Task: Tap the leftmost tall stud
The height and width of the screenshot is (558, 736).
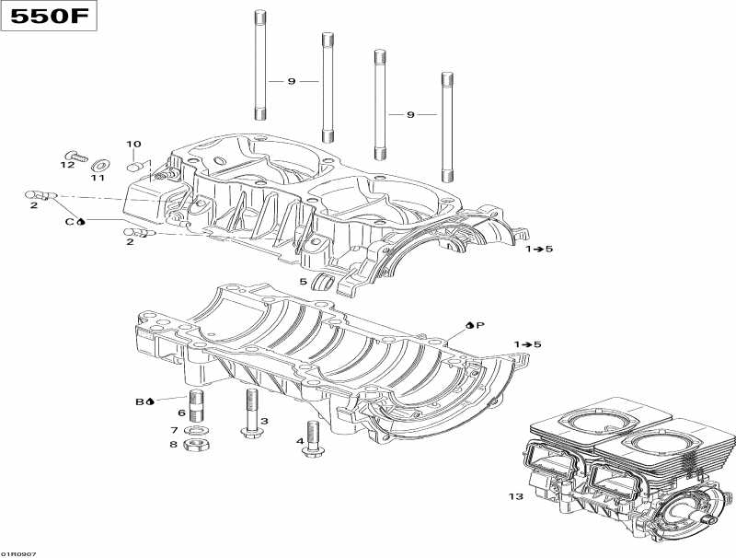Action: point(260,64)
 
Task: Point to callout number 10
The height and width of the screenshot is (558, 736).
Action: point(134,145)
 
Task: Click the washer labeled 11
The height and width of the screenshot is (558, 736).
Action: point(98,165)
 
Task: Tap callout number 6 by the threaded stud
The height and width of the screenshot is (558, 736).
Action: point(182,412)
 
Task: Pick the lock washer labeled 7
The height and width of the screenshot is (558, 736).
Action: point(194,430)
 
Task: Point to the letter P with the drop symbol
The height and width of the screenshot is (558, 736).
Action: point(480,325)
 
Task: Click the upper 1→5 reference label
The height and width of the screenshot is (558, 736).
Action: point(540,250)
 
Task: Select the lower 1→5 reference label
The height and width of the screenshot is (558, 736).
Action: point(528,344)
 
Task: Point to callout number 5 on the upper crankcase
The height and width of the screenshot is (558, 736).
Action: point(303,281)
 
